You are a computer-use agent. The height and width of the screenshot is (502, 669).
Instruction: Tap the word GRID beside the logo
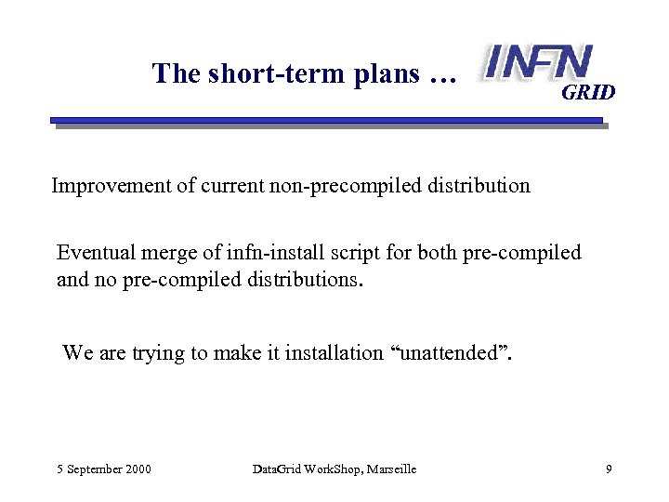click(588, 93)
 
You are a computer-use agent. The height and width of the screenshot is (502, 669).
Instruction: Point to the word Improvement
click(111, 186)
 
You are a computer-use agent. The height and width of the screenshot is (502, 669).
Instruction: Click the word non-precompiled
click(338, 186)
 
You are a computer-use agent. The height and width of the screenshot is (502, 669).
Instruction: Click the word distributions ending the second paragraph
click(302, 278)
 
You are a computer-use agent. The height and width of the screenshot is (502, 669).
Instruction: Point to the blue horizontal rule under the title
click(325, 121)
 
